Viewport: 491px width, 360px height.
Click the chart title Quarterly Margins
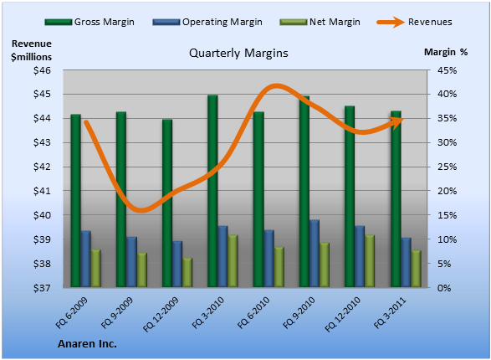pyautogui.click(x=238, y=53)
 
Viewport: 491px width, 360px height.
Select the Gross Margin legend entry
pyautogui.click(x=90, y=22)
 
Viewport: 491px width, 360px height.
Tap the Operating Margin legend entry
pyautogui.click(x=207, y=22)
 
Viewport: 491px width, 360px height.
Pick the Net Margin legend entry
pyautogui.click(x=320, y=22)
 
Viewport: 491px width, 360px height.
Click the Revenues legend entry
pyautogui.click(x=414, y=22)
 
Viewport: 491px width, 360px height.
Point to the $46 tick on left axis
pyautogui.click(x=42, y=70)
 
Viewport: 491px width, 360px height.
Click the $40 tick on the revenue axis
pyautogui.click(x=42, y=215)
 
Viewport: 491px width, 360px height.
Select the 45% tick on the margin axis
pyautogui.click(x=447, y=70)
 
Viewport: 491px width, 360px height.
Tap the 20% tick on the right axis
pyautogui.click(x=447, y=191)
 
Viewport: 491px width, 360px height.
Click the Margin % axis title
pyautogui.click(x=446, y=52)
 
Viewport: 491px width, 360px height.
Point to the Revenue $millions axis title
pyautogui.click(x=31, y=50)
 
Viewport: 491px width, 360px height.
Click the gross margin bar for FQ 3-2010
pyautogui.click(x=212, y=191)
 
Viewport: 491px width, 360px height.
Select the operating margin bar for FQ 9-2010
pyautogui.click(x=315, y=253)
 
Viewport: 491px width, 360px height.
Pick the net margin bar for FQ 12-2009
pyautogui.click(x=187, y=272)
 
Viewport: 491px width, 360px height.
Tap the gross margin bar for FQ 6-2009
pyautogui.click(x=76, y=201)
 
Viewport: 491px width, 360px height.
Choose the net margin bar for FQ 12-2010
pyautogui.click(x=370, y=260)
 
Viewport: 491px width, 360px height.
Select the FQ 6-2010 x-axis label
pyautogui.click(x=253, y=312)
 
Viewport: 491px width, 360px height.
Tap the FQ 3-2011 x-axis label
pyautogui.click(x=390, y=312)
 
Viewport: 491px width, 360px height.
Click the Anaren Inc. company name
pyautogui.click(x=87, y=344)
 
